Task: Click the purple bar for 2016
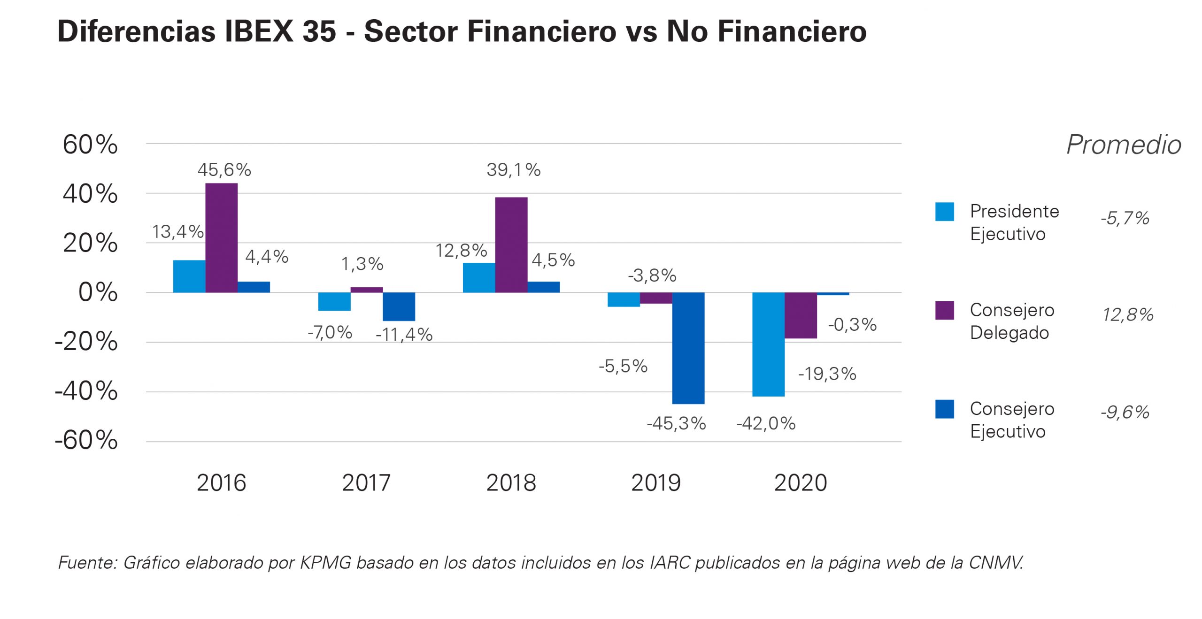tap(221, 238)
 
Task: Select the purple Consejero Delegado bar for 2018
tap(511, 245)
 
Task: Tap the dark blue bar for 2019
tap(688, 348)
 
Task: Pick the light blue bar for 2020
tap(768, 344)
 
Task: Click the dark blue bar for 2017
tap(399, 306)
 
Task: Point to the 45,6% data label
tap(224, 170)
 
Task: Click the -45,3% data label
tap(676, 424)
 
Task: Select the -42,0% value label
tap(766, 424)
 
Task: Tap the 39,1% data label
tap(513, 170)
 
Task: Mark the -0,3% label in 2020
tap(852, 325)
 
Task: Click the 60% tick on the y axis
tap(90, 145)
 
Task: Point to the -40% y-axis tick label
tap(86, 391)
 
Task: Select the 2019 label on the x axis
tap(655, 483)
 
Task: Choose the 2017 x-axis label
tap(366, 483)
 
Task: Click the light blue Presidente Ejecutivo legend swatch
tap(944, 212)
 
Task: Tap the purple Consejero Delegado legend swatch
tap(944, 310)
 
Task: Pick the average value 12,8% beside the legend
tap(1127, 315)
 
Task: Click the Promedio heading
tap(1124, 145)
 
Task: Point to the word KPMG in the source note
tap(325, 563)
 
